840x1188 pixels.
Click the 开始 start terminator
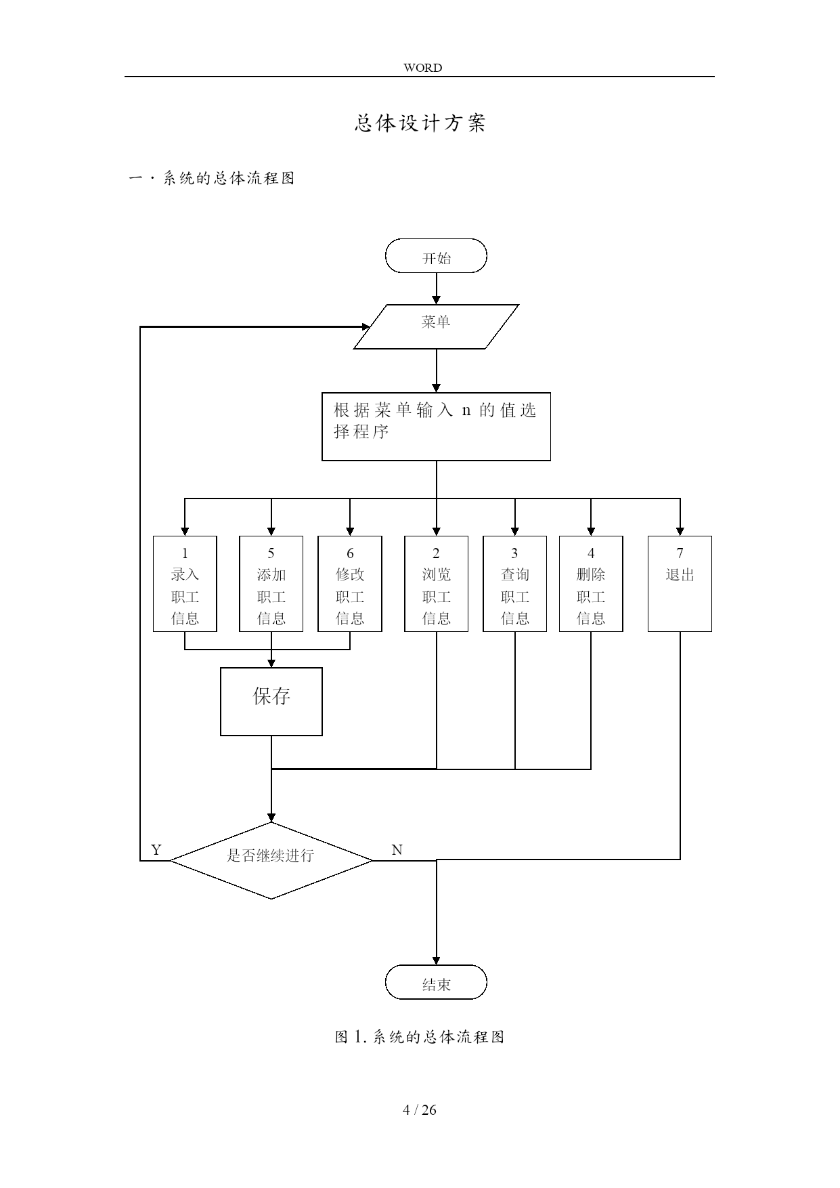click(x=436, y=256)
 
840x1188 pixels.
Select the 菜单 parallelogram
click(x=436, y=326)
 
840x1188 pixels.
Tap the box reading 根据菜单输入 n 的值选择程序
click(x=436, y=427)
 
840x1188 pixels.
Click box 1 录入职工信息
click(x=185, y=584)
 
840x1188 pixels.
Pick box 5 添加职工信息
click(x=271, y=584)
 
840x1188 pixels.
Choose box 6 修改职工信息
click(x=350, y=584)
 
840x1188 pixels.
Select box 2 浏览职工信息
click(x=436, y=584)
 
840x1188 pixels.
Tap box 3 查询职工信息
click(x=514, y=584)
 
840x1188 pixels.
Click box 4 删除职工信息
click(x=591, y=584)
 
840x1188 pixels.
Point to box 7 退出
click(x=680, y=584)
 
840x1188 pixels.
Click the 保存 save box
click(x=271, y=702)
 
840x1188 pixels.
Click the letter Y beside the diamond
click(x=156, y=850)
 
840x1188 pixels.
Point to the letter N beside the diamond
click(x=397, y=850)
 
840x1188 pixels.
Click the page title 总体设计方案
click(x=420, y=123)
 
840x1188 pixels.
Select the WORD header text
click(x=422, y=68)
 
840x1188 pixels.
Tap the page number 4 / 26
click(x=420, y=1109)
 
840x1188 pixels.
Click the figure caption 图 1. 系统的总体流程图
click(x=420, y=1037)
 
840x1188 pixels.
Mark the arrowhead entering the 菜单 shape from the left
click(x=366, y=327)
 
